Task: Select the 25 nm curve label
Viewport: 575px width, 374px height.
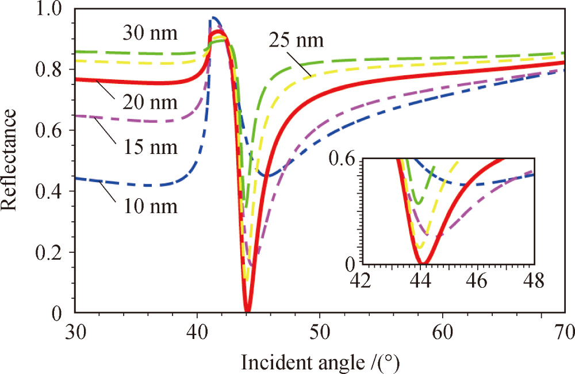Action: click(x=296, y=41)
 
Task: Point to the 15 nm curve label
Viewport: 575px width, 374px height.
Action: click(x=151, y=146)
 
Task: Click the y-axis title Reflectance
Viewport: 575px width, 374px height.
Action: click(x=13, y=158)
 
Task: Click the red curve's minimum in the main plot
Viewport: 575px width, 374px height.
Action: click(x=247, y=311)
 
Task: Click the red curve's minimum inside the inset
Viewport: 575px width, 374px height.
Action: click(x=423, y=263)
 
